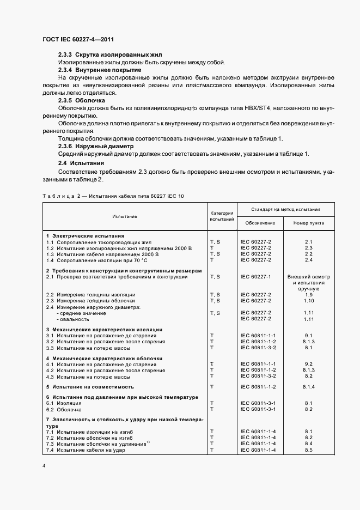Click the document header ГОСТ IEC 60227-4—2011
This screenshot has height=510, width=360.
[x=77, y=40]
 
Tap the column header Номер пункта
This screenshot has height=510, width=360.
[x=308, y=223]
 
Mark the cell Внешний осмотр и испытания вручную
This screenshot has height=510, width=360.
[x=308, y=283]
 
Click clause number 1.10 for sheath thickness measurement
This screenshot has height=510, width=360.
[x=308, y=301]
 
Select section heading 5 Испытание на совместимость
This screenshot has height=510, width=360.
[x=90, y=386]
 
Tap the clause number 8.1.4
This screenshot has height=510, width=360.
[x=308, y=386]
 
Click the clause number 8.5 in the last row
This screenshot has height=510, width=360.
[x=308, y=450]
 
